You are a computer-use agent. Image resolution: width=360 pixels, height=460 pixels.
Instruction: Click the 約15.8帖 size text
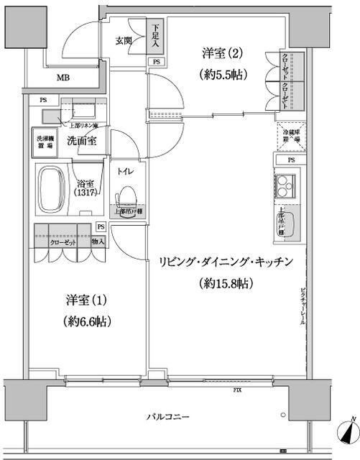[225, 282]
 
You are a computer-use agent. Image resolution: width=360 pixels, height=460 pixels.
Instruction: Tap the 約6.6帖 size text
[86, 320]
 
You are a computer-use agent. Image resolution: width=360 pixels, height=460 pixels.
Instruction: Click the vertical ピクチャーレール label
[303, 306]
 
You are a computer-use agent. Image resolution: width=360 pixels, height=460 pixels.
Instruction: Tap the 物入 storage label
[98, 242]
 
